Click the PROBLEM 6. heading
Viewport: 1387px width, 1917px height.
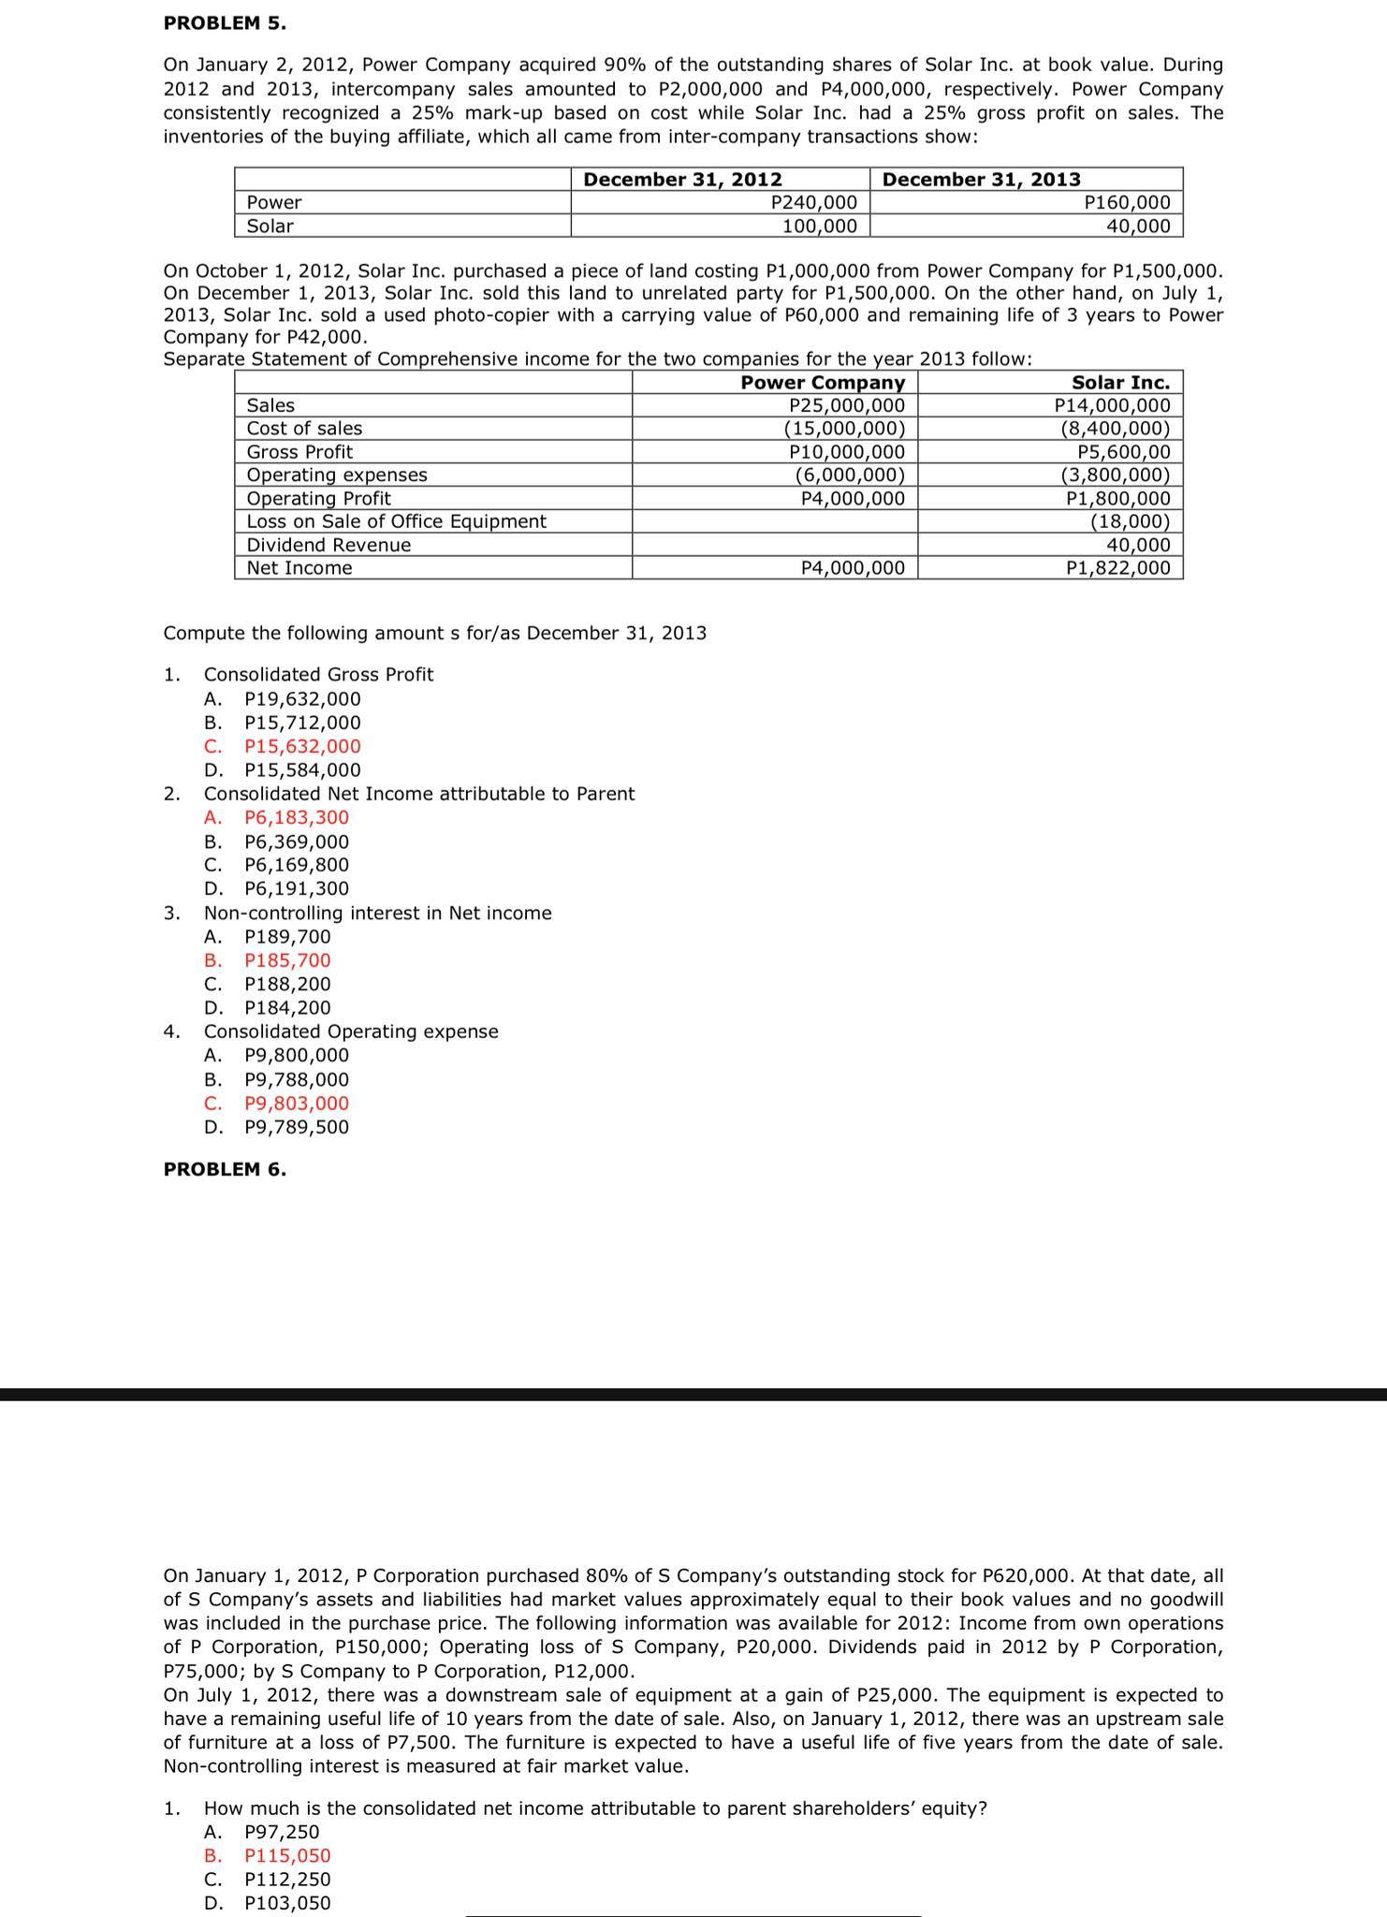(225, 1169)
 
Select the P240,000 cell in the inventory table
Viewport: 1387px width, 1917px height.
(812, 202)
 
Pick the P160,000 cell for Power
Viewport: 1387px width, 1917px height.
(1126, 202)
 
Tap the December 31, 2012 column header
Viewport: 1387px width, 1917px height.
(682, 180)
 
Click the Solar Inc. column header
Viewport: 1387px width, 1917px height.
(1120, 382)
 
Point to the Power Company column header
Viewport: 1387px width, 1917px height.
(823, 382)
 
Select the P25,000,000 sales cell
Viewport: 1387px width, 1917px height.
(847, 405)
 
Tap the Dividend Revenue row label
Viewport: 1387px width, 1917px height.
(328, 545)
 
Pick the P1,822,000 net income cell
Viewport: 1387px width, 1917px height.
(1117, 568)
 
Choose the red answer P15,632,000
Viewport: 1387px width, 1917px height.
(301, 746)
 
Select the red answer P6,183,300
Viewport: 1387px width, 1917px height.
(296, 817)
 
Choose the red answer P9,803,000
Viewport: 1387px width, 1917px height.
(296, 1103)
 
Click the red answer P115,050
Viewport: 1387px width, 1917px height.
(286, 1855)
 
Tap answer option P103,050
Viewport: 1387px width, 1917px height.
(286, 1903)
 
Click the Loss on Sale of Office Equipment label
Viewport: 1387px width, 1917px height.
(396, 521)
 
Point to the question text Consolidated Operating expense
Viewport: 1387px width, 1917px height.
(351, 1032)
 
